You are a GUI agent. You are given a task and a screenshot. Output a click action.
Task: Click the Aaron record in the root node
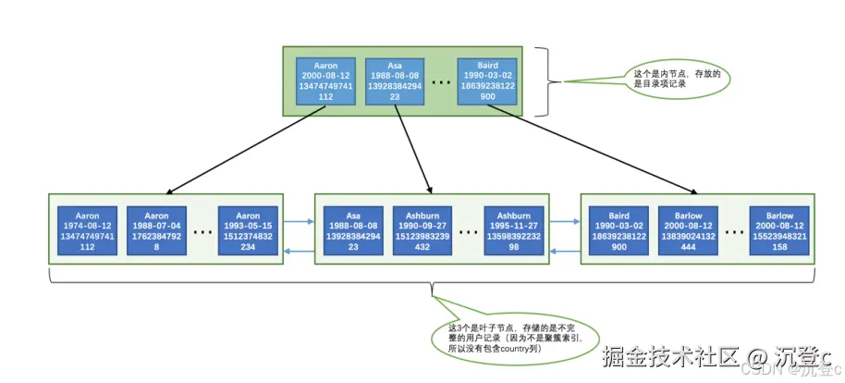tap(325, 80)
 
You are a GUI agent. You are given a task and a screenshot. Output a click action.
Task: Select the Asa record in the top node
tap(396, 80)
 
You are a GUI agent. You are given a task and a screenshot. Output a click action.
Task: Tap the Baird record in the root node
tap(488, 80)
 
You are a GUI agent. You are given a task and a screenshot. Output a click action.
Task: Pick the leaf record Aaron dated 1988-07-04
tap(157, 229)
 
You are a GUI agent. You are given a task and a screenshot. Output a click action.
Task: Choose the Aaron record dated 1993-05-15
tap(247, 229)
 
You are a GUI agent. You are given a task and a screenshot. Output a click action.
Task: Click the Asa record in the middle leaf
tap(351, 229)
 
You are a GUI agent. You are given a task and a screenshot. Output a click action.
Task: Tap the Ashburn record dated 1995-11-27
tap(514, 229)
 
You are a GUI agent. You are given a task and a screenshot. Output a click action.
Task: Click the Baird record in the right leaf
tap(618, 229)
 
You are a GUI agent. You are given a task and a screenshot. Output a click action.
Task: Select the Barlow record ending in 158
tap(779, 229)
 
